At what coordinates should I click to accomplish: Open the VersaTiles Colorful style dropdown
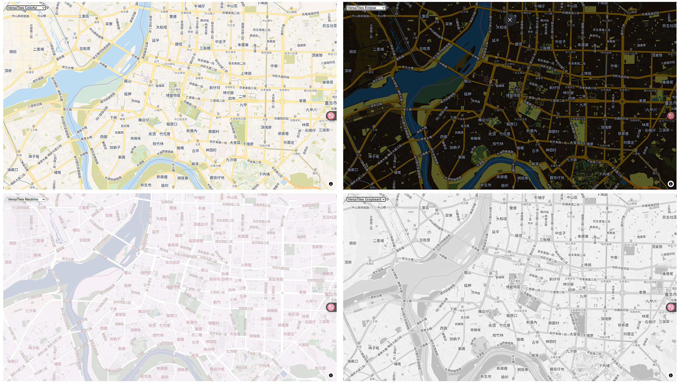26,8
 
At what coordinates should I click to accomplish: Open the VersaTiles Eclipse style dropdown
366,8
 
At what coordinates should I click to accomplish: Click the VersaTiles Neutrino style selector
26,199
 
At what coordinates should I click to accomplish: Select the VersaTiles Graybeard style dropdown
366,199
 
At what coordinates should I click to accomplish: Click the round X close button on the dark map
510,20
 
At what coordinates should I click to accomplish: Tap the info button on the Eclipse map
671,184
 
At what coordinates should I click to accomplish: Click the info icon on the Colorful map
331,184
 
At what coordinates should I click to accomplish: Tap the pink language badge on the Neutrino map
331,307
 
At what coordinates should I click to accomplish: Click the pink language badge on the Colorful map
331,116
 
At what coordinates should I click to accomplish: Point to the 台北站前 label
173,262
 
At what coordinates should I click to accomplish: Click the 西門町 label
146,273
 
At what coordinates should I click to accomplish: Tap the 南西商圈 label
196,241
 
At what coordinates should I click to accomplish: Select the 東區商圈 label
276,279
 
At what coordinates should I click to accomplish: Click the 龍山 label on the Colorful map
128,81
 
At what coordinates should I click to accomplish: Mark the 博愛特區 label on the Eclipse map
513,96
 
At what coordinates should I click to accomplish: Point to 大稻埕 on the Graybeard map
501,219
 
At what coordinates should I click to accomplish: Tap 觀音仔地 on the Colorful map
217,178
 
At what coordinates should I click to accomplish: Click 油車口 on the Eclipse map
352,170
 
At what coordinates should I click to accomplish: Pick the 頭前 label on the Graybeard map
353,243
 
